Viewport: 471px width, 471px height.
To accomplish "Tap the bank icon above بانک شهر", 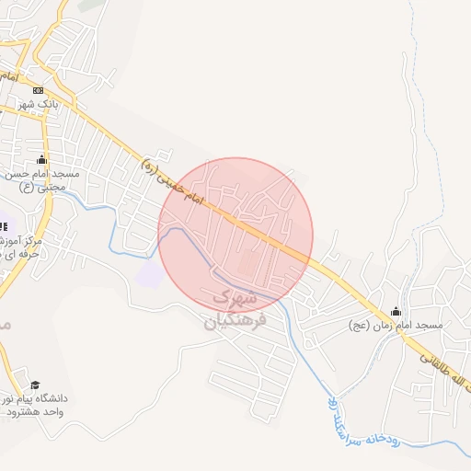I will click(38, 90).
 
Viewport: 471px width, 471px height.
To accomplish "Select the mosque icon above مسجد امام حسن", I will click(41, 158).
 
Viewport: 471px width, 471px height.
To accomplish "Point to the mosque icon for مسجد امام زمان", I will click(396, 311).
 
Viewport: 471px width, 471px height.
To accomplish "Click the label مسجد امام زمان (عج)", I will click(396, 326).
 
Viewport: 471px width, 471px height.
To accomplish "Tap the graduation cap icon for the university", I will click(35, 385).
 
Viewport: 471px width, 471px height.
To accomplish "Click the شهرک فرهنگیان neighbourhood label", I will click(234, 309).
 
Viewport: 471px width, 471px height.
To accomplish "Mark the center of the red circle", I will click(235, 235).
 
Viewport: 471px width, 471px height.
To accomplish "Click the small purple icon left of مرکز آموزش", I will click(3, 226).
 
